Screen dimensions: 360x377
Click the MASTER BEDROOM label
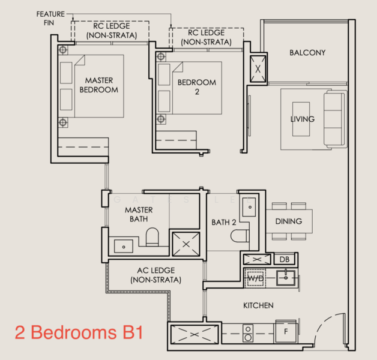click(98, 85)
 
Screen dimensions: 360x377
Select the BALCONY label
click(307, 53)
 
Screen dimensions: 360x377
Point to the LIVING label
click(302, 119)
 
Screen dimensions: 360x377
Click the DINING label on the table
click(288, 221)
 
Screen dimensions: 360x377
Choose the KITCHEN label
click(258, 305)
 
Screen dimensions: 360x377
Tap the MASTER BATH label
click(138, 215)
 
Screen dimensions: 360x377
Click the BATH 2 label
click(223, 223)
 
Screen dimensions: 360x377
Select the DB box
click(284, 259)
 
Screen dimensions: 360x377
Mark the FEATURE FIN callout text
click(50, 17)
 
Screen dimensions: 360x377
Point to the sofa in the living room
click(335, 119)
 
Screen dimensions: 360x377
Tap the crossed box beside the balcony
click(258, 68)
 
